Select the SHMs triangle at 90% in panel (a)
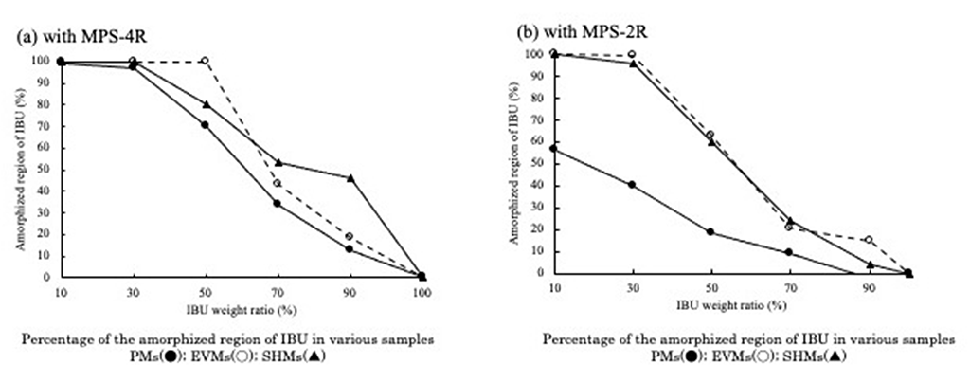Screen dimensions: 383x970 (x=350, y=177)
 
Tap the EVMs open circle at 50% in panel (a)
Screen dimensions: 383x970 (x=205, y=62)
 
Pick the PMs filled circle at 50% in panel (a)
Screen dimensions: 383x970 (x=205, y=124)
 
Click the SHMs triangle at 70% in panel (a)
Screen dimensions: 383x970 (x=278, y=162)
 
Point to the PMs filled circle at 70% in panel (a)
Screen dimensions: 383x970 (x=278, y=203)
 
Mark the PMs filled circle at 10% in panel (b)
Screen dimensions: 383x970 (x=553, y=149)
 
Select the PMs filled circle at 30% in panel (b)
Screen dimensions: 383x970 (x=631, y=185)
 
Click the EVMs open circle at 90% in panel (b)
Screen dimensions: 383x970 (x=868, y=240)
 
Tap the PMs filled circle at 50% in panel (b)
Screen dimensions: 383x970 (x=710, y=231)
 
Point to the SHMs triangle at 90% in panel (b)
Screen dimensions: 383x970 (x=868, y=264)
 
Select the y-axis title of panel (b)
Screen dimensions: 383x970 (x=515, y=163)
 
